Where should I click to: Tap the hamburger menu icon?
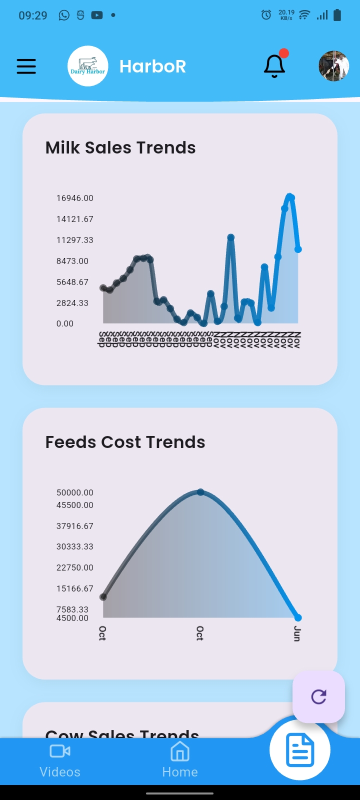point(26,66)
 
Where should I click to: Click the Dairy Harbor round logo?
point(87,66)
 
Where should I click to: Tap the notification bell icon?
point(274,66)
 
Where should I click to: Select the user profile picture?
point(333,66)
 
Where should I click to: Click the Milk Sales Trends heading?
point(120,148)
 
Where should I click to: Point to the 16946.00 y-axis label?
point(74,198)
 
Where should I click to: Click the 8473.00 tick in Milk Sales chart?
point(72,261)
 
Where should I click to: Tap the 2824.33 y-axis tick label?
point(72,303)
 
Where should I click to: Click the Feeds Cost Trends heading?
point(125,442)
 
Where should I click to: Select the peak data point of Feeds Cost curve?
point(200,492)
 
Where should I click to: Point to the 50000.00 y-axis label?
point(74,493)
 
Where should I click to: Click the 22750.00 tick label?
point(74,567)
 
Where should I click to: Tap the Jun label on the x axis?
point(297,633)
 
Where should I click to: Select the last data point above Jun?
point(298,617)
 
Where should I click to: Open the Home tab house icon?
point(180,751)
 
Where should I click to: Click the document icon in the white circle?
point(300,750)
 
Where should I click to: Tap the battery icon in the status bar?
point(337,15)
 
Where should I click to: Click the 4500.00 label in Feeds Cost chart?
point(72,618)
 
